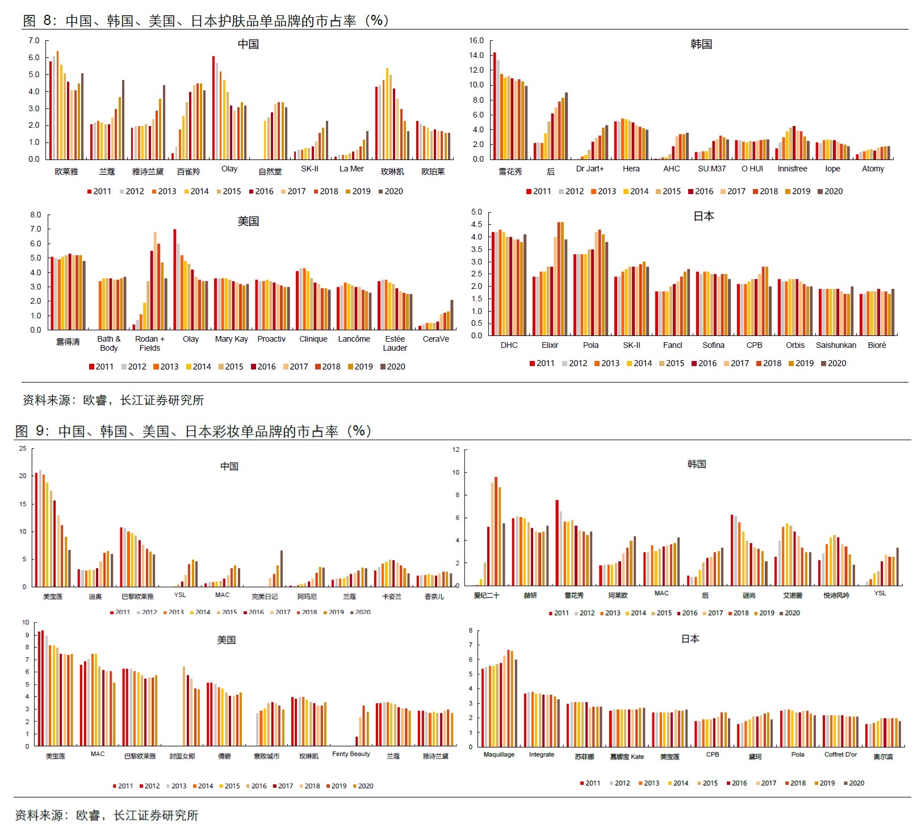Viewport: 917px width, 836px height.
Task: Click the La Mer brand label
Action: click(x=351, y=169)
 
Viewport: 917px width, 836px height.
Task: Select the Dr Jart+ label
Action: click(x=590, y=169)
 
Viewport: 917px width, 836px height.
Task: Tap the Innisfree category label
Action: click(x=792, y=169)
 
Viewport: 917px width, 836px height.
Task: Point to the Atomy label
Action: click(x=873, y=169)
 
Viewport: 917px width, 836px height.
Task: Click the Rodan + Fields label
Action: click(x=150, y=343)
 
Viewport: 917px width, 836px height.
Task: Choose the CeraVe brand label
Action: click(x=436, y=339)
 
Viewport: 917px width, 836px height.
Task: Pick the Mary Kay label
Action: click(x=231, y=339)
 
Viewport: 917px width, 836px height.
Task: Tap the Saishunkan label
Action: click(x=836, y=345)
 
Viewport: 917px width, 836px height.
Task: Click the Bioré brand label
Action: click(x=877, y=345)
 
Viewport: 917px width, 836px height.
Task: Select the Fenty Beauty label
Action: click(x=351, y=754)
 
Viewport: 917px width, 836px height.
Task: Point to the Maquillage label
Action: click(x=499, y=754)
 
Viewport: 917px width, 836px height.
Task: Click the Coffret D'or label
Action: click(x=840, y=754)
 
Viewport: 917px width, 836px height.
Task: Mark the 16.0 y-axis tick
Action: click(x=476, y=41)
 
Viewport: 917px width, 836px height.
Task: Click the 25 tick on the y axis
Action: click(x=23, y=448)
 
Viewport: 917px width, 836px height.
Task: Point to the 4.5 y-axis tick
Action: click(x=476, y=224)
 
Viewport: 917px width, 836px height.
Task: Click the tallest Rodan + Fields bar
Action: click(x=155, y=280)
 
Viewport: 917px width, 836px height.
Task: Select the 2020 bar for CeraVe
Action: click(x=452, y=314)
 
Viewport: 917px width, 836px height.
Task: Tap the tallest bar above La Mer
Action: click(x=367, y=145)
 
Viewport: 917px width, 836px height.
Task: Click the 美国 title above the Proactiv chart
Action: click(x=248, y=221)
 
